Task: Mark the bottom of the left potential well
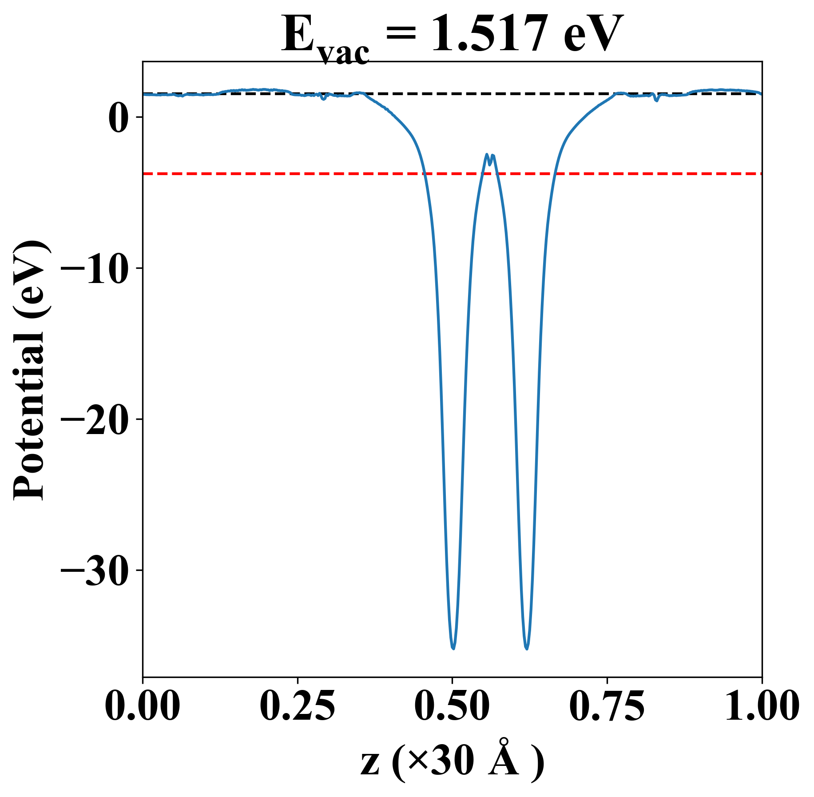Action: (453, 648)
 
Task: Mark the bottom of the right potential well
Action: (527, 648)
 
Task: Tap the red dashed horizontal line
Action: (266, 174)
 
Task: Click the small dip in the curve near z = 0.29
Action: (323, 99)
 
